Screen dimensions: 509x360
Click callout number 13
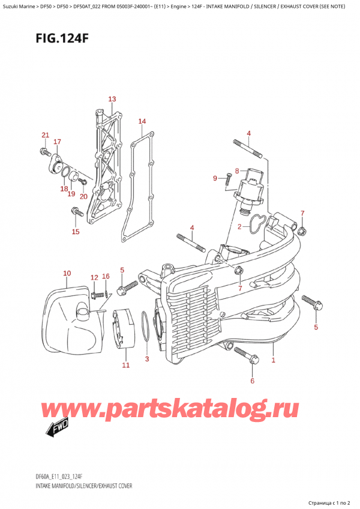click(112, 99)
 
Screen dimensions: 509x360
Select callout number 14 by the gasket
click(142, 122)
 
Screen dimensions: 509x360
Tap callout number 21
click(44, 134)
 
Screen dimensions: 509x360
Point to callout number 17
click(57, 142)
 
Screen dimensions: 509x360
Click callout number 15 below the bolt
click(75, 232)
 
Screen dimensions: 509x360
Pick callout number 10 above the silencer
click(67, 274)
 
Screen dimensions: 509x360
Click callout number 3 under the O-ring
click(147, 360)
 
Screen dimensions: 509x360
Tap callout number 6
click(253, 381)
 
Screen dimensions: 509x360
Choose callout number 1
click(273, 360)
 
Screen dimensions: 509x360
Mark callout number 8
click(237, 170)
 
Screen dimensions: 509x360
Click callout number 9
click(215, 178)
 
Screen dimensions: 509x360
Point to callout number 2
click(239, 227)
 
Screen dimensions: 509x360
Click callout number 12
click(94, 277)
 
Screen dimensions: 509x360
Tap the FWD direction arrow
click(58, 428)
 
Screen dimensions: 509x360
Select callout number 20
click(83, 196)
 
